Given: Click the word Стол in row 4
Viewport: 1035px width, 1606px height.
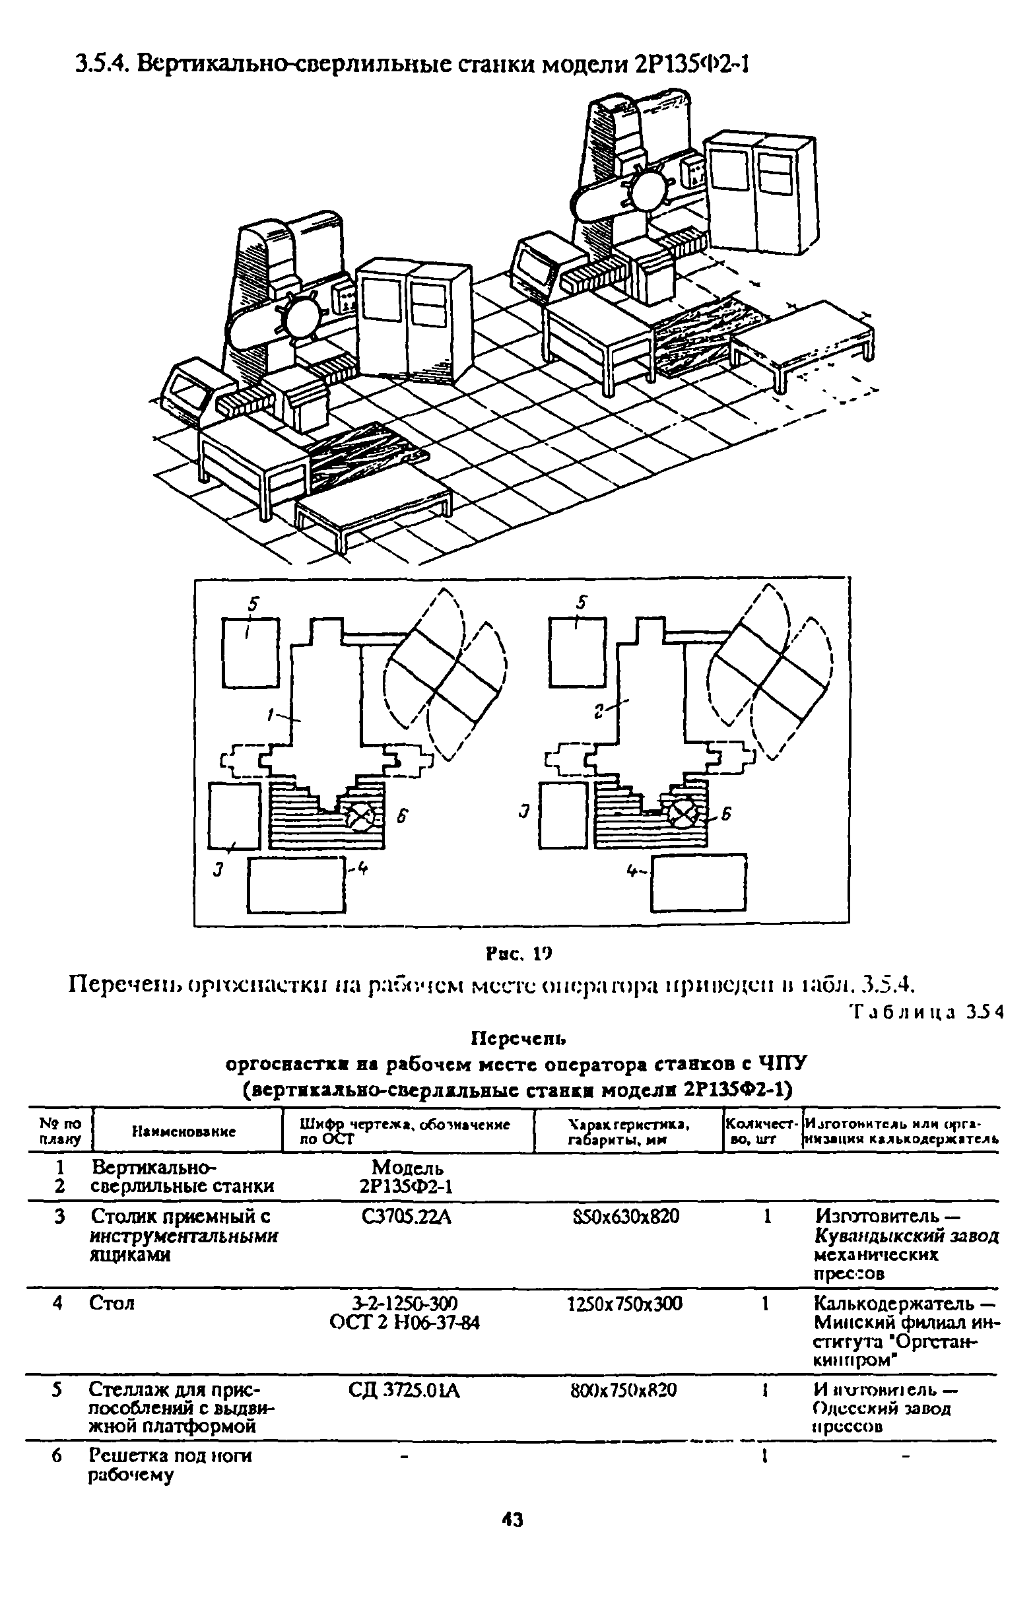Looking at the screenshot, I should [112, 1304].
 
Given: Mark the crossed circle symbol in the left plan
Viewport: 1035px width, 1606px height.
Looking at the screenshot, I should [360, 817].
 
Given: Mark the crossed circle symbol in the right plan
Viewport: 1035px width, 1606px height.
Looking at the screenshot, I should [681, 815].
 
